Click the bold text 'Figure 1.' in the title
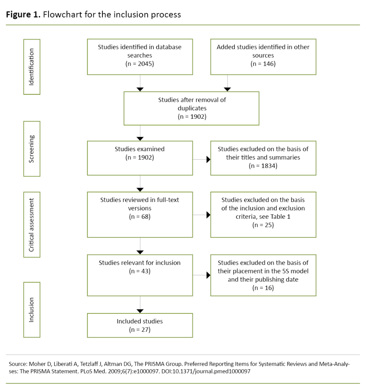coord(23,15)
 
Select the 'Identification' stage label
coord(32,66)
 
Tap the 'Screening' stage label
coord(32,149)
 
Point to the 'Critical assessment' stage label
coord(32,225)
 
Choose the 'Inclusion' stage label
coord(32,310)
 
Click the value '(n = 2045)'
coord(140,64)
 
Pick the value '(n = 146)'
coord(263,64)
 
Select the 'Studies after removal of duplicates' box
coord(192,108)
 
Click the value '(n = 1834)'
coord(263,165)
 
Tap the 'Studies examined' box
coord(140,158)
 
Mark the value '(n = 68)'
coord(140,217)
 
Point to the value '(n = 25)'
coord(263,225)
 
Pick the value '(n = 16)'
coord(263,288)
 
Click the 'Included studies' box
coord(140,325)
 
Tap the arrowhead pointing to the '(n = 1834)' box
coord(208,160)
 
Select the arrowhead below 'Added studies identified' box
coord(228,89)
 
